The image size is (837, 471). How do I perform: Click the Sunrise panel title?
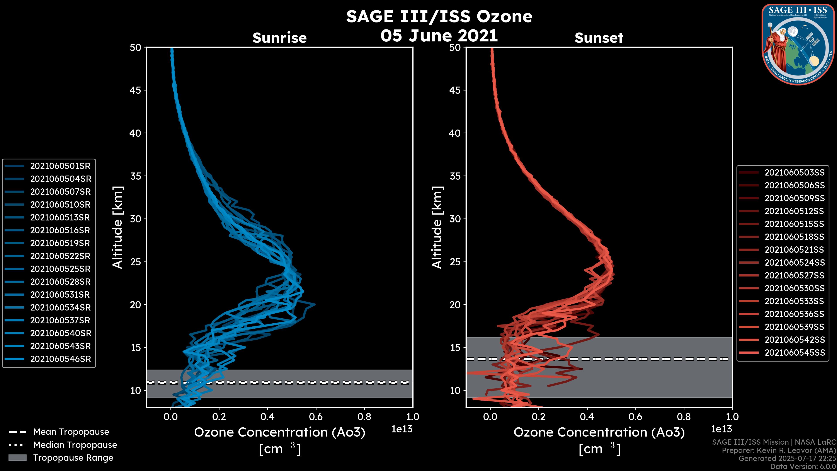coord(279,38)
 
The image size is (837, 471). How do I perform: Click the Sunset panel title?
coord(599,38)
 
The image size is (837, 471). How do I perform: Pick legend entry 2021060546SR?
coord(60,359)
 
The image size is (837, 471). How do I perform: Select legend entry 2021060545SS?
coord(794,352)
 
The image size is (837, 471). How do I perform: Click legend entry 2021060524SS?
coord(794,262)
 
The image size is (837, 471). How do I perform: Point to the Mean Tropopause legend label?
coord(71,432)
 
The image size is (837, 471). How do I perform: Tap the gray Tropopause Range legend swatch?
coord(17,458)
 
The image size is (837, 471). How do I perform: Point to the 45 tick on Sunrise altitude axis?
coord(136,90)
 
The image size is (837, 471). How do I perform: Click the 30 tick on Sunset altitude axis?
coord(455,219)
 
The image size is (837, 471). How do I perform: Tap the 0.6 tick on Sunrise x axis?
coord(316,417)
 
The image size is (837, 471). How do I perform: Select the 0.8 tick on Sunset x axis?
coord(684,417)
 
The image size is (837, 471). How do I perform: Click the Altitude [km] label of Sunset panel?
coord(437,227)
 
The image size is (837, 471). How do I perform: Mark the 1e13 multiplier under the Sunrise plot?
coord(402,429)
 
